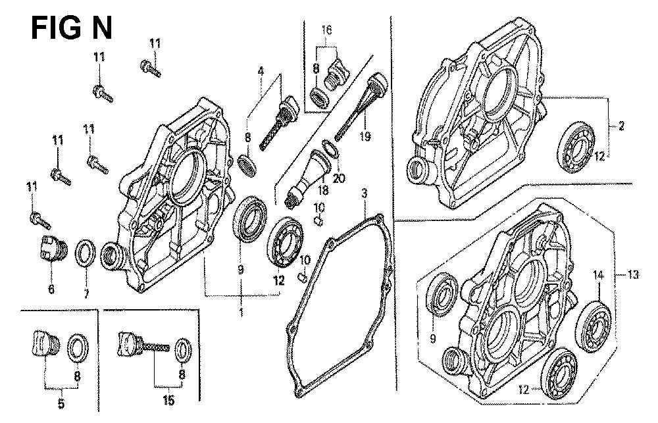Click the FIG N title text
[72, 28]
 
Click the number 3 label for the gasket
[365, 194]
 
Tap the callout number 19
[365, 136]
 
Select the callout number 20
[339, 178]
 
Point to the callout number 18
[322, 190]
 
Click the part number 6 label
[51, 289]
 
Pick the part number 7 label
[86, 293]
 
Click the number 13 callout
[633, 274]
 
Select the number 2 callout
[621, 125]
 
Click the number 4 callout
[261, 71]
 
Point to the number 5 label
[61, 404]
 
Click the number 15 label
[168, 401]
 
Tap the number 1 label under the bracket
[241, 312]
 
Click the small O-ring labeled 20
[330, 149]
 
